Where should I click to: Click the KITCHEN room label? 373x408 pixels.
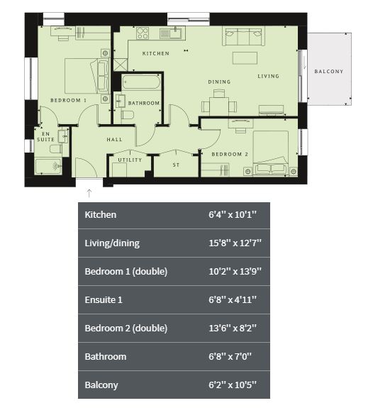tap(155, 53)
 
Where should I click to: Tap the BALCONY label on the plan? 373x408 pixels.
tap(329, 71)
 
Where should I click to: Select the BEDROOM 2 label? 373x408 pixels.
tap(230, 154)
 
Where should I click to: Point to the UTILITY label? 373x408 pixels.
tap(130, 160)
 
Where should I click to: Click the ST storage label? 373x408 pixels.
tap(176, 165)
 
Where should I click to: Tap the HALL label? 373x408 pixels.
tap(114, 140)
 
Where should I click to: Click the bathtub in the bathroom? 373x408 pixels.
tap(140, 82)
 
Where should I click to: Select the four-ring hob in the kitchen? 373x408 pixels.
tap(143, 33)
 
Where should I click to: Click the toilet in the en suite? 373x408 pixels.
tap(56, 149)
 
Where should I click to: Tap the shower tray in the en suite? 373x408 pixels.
tap(48, 166)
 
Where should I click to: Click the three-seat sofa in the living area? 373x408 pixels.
tap(243, 36)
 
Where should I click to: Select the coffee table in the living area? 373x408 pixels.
tap(245, 57)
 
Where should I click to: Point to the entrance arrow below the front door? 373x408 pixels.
tap(89, 193)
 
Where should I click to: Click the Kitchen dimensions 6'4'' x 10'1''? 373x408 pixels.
tap(233, 215)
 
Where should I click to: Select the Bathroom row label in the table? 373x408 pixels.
tap(106, 356)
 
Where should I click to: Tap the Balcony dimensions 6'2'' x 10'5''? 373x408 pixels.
tap(233, 385)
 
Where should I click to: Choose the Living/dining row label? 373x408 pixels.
tap(112, 243)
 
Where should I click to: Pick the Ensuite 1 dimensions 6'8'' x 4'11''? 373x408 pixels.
tap(233, 299)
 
